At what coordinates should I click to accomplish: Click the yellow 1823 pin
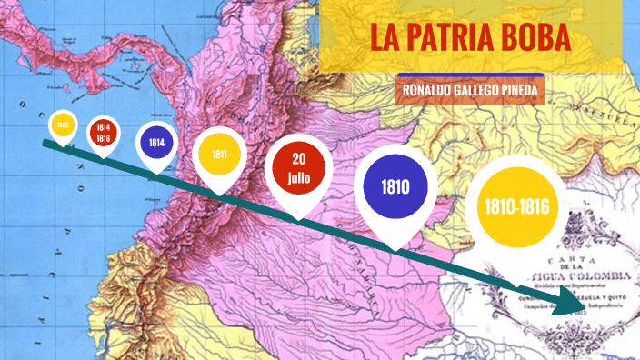(62, 125)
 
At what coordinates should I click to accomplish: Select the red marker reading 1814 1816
(104, 133)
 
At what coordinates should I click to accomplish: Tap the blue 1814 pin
(156, 143)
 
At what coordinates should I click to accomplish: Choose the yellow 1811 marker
(219, 155)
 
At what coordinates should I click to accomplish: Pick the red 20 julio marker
(299, 169)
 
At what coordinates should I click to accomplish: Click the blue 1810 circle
(395, 188)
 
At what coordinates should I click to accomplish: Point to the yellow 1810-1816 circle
(517, 207)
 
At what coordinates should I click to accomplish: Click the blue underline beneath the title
(470, 75)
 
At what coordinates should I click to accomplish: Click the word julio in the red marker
(299, 178)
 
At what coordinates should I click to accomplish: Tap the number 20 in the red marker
(299, 160)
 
